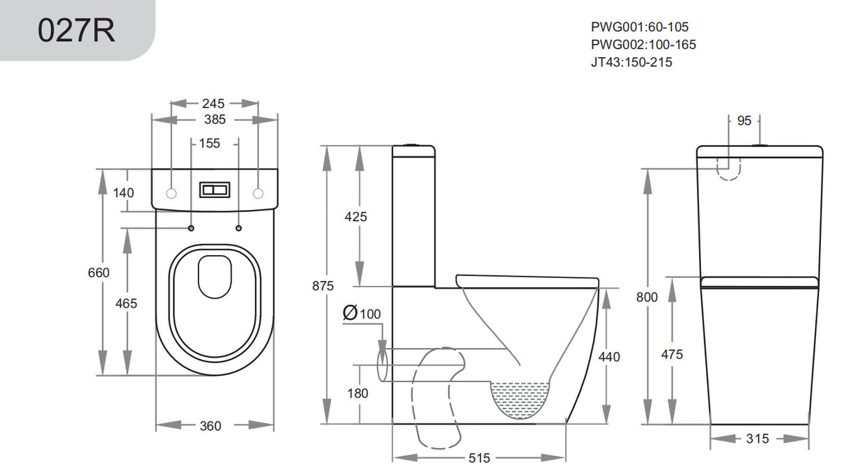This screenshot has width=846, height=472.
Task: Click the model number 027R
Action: pos(77,31)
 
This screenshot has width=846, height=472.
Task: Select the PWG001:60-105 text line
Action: pos(640,27)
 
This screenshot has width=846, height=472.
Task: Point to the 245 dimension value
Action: pos(213,103)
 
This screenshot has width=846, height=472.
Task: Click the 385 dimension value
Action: pos(213,120)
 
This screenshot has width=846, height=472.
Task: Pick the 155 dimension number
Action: pos(209,144)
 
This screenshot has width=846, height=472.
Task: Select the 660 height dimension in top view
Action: pos(98,273)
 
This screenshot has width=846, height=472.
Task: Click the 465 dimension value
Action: pos(126,303)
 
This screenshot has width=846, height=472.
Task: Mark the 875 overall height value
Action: pos(323,286)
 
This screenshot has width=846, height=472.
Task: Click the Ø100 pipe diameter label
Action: pos(362,314)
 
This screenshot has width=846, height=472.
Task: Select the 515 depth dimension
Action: pos(479,458)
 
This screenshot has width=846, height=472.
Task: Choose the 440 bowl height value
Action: pos(609,357)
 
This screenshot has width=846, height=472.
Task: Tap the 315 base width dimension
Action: pos(757,439)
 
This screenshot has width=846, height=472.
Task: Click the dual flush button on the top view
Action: pos(213,190)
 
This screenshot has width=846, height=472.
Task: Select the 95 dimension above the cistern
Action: pos(744,121)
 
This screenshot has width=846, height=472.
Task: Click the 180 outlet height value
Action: pos(357,393)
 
